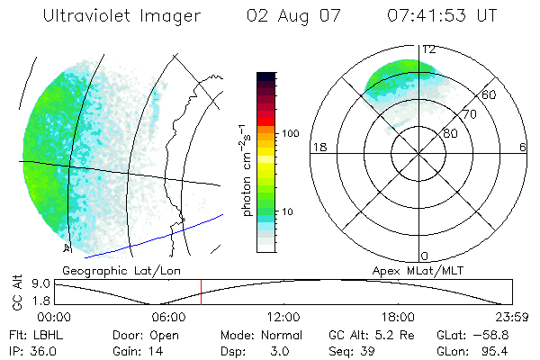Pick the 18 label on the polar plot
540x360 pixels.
tap(318, 148)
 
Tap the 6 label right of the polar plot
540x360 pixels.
tap(523, 148)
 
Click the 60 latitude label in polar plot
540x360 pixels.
tap(490, 94)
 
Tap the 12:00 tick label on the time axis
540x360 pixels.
tap(284, 317)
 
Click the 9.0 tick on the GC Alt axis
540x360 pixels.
tap(40, 283)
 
